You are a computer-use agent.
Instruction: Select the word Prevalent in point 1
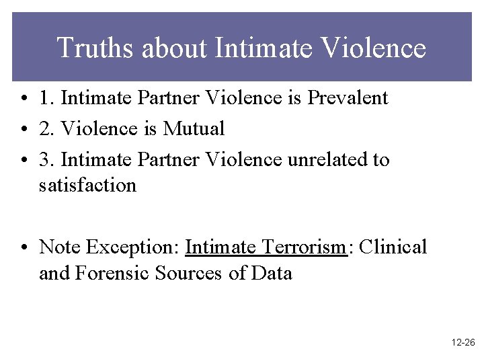click(x=348, y=98)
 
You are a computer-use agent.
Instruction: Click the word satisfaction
click(x=87, y=185)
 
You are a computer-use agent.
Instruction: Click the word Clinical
click(x=393, y=247)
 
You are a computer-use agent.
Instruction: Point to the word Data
click(x=272, y=273)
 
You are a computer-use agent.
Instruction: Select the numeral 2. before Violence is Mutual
click(x=46, y=128)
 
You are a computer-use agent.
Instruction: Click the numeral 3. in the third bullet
click(x=46, y=160)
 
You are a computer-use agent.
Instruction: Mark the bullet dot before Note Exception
click(x=24, y=248)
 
